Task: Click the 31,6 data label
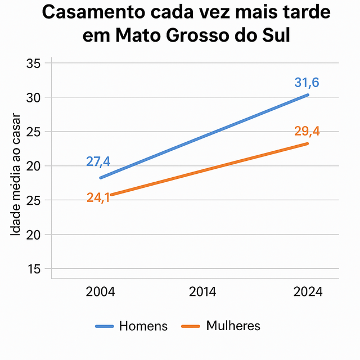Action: click(x=307, y=83)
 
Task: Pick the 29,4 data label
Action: click(x=307, y=132)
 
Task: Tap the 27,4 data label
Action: click(x=98, y=161)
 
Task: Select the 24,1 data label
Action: click(x=98, y=197)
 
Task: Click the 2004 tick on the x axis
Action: click(x=100, y=292)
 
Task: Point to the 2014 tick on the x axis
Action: click(x=204, y=292)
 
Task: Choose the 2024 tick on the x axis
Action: click(x=307, y=292)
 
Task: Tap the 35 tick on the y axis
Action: click(x=34, y=64)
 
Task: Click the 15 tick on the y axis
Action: click(x=34, y=269)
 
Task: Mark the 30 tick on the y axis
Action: click(x=34, y=98)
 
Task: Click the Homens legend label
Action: click(x=143, y=326)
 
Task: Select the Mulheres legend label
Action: click(x=233, y=326)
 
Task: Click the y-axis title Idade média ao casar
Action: click(x=16, y=175)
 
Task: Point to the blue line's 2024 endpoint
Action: click(x=308, y=94)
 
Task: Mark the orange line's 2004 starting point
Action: click(x=111, y=195)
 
